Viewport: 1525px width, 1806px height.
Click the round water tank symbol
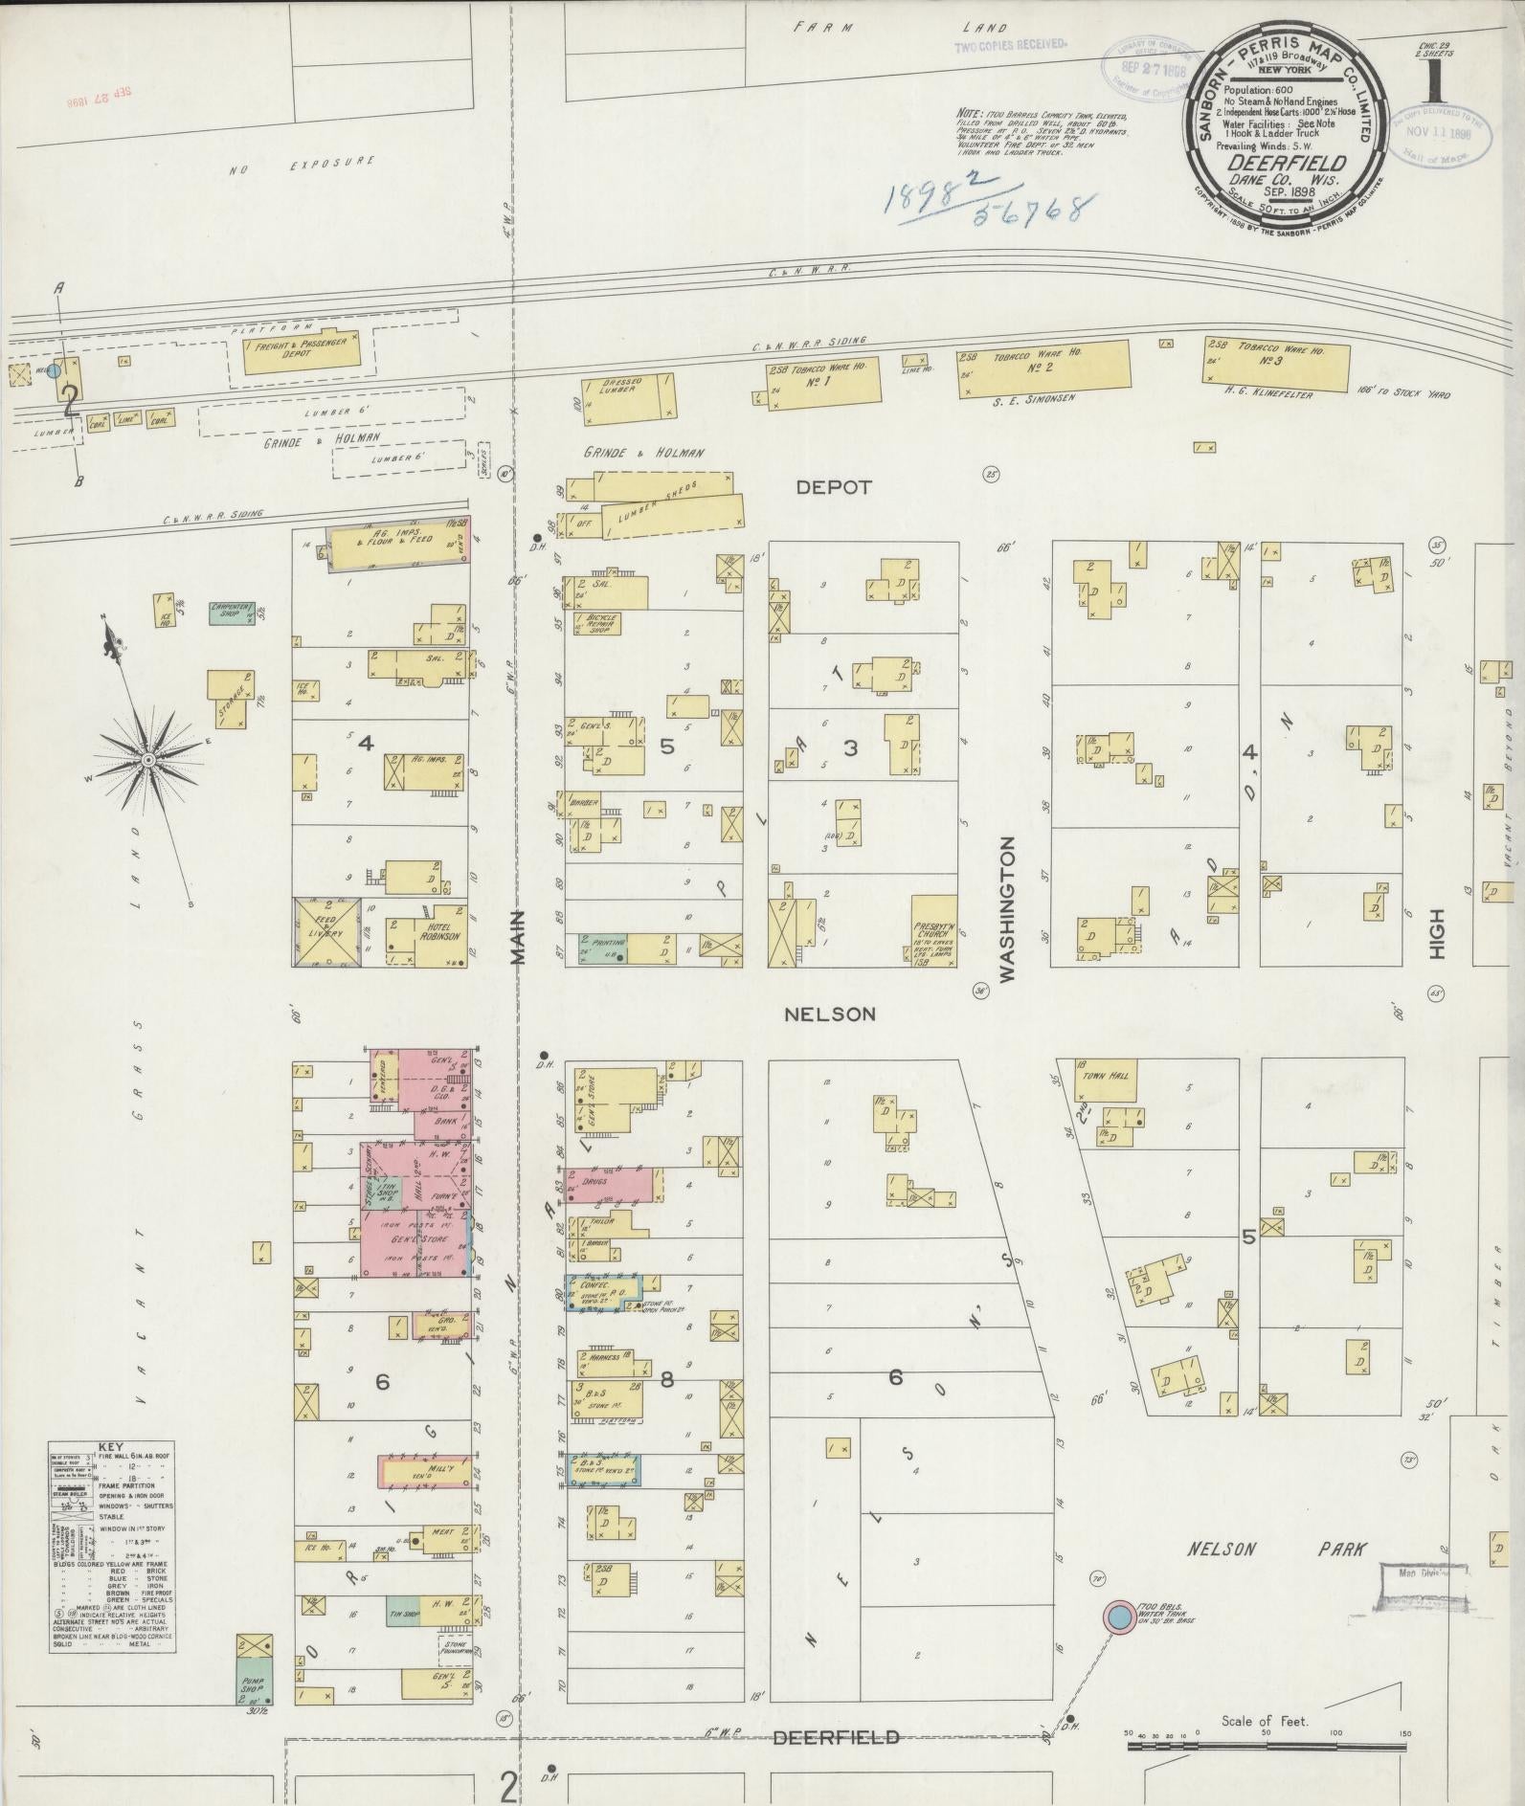point(1116,1616)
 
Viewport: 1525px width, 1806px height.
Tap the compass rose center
point(148,759)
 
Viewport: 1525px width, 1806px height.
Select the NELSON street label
point(829,1014)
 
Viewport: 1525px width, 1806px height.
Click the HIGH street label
point(1435,933)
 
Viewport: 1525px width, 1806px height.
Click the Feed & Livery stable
point(327,932)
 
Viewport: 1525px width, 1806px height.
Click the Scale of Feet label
point(1264,1721)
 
